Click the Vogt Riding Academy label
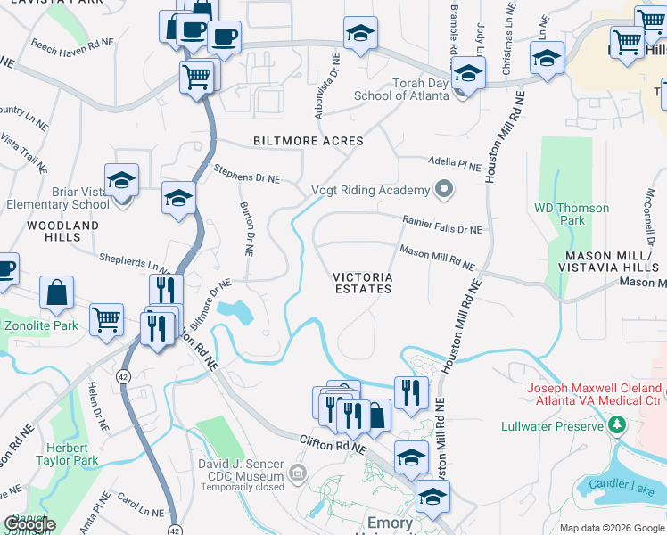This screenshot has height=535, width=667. coord(370,190)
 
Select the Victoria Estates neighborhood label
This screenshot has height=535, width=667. coord(363,283)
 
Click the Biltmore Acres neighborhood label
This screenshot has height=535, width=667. coord(308,141)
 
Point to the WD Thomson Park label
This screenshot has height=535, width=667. coord(572,214)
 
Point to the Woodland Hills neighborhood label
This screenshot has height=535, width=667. coord(62,232)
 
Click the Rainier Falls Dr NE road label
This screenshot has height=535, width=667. coord(441,228)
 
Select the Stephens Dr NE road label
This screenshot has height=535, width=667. coord(247,177)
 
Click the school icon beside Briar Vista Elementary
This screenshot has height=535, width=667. coord(121,179)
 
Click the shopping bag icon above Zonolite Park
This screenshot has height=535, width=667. coord(57,292)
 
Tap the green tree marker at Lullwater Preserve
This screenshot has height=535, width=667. coord(615,426)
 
